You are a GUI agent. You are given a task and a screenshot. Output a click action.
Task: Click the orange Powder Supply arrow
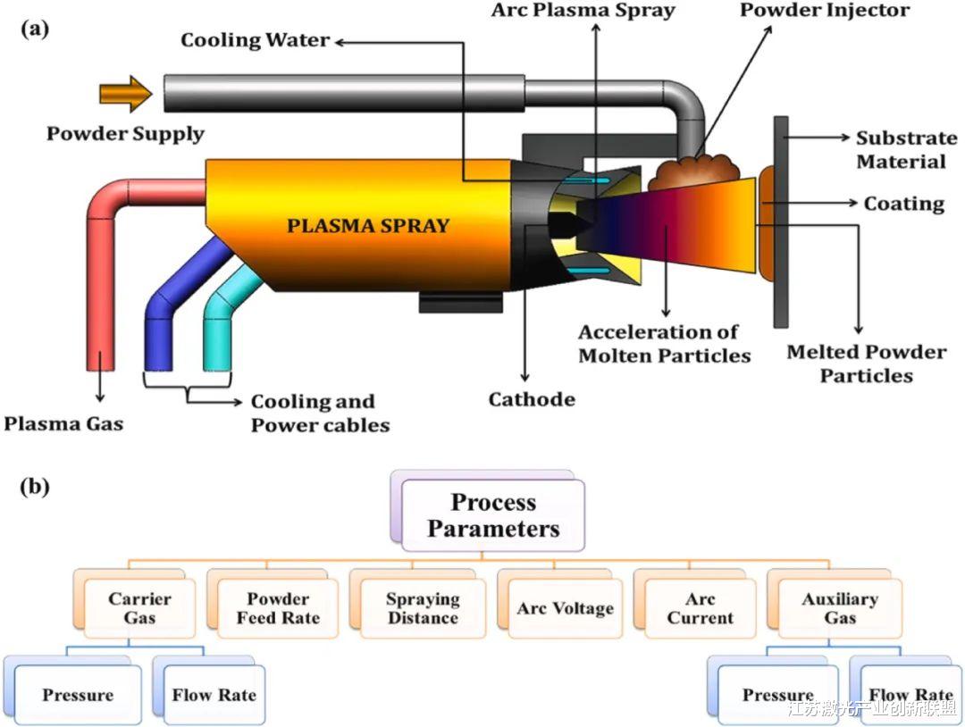point(126,94)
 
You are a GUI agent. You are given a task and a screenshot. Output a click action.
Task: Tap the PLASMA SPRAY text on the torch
point(367,226)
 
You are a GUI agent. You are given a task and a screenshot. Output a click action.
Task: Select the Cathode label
point(531,399)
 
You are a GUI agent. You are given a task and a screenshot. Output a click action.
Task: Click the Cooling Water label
point(255,41)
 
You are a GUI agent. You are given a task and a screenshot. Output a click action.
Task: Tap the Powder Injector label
point(824,12)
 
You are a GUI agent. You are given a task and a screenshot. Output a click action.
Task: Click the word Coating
point(903,205)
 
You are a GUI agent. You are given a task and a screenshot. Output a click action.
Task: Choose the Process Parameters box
point(493,515)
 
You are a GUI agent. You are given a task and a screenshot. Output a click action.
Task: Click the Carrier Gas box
point(139,608)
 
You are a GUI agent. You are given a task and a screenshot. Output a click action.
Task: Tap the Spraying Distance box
point(423,608)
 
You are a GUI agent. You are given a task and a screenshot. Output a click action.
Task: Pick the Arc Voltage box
point(565,609)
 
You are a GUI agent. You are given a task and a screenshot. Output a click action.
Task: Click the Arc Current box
point(701,608)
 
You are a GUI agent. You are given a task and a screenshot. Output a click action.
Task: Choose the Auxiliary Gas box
point(839,608)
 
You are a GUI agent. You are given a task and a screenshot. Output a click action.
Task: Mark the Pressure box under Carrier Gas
point(78,695)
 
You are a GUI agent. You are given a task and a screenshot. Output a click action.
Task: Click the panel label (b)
point(35,487)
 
